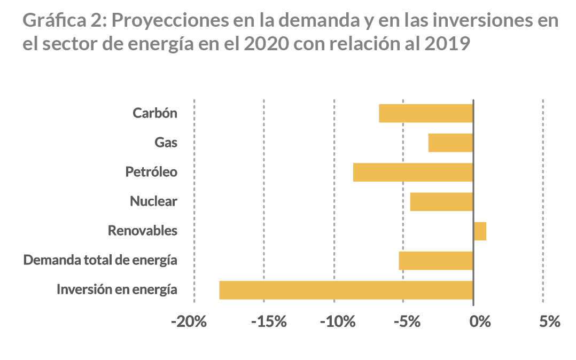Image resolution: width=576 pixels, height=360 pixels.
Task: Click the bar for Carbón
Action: click(426, 113)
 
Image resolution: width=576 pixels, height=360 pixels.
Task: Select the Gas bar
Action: click(450, 143)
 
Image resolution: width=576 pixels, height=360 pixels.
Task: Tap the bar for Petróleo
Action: click(413, 172)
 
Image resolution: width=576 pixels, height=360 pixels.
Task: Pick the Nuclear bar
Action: click(441, 202)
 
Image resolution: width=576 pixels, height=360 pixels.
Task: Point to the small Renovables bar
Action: click(480, 231)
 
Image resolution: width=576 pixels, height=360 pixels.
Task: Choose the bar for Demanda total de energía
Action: click(435, 261)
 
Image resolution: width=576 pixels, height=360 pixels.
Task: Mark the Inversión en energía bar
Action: click(346, 290)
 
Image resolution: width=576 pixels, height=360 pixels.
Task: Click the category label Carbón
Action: click(155, 113)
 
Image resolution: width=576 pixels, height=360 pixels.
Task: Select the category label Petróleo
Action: click(151, 172)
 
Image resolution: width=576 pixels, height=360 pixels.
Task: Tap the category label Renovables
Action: click(143, 231)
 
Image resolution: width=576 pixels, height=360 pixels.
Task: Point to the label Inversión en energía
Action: click(117, 290)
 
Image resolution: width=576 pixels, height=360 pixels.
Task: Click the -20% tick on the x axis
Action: click(189, 322)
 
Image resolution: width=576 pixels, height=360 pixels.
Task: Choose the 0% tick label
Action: click(479, 322)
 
